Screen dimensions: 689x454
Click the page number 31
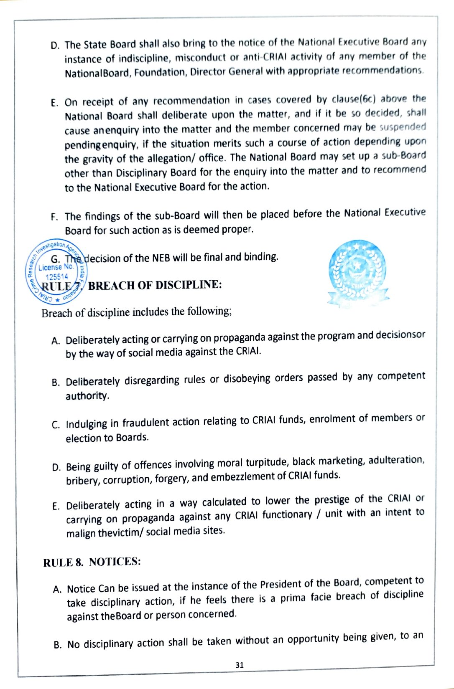pyautogui.click(x=239, y=665)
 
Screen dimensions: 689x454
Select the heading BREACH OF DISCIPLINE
pyautogui.click(x=155, y=285)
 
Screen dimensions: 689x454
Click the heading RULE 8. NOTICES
pyautogui.click(x=92, y=562)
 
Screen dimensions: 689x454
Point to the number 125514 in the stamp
pyautogui.click(x=57, y=277)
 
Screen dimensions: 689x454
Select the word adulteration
pyautogui.click(x=396, y=460)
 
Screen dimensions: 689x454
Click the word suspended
pyautogui.click(x=403, y=127)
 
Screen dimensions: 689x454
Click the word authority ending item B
pyautogui.click(x=87, y=395)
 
